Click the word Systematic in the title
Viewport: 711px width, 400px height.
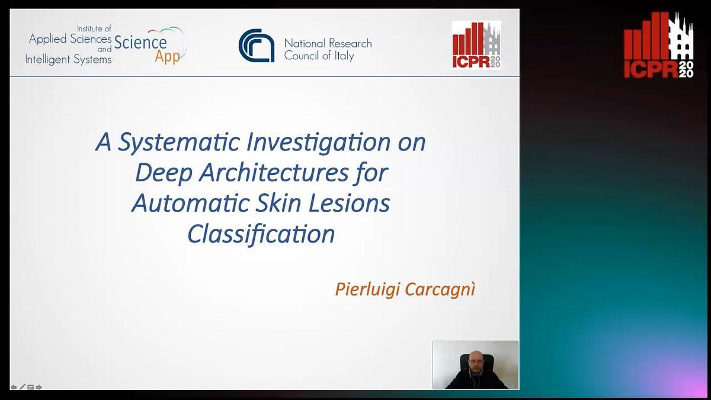coord(179,142)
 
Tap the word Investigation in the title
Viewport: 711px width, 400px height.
coord(318,142)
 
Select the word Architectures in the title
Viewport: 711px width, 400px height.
coord(274,173)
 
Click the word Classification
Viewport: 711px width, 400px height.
coord(261,235)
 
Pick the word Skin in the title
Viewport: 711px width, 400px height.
coord(278,203)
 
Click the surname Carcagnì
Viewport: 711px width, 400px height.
coord(440,290)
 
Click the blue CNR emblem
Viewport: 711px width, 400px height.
coord(257,46)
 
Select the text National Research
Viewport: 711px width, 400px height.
coord(328,43)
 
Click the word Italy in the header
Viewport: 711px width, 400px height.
coord(344,56)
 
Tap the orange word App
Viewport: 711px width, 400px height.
coord(167,57)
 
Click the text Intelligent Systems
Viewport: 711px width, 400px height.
coord(68,59)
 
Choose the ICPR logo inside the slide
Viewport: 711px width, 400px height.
coord(476,45)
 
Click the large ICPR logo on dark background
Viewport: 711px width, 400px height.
coord(659,45)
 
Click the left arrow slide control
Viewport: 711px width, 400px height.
coord(14,387)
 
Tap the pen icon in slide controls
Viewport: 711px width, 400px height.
coord(23,386)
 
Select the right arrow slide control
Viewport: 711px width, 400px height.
coord(39,387)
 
